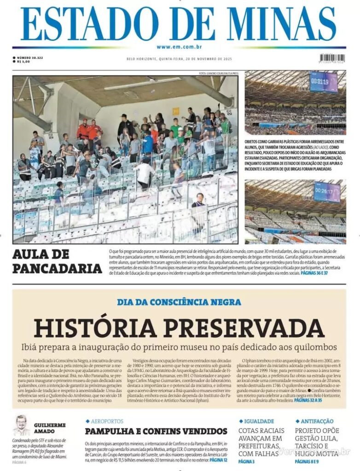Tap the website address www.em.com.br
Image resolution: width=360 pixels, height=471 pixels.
(x=180, y=47)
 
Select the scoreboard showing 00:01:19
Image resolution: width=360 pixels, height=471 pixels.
(x=323, y=82)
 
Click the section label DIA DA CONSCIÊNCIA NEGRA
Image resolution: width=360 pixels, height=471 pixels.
(x=179, y=302)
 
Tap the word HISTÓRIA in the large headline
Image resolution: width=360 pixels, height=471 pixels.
(x=98, y=328)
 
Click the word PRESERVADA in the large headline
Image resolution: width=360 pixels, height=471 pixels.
(x=244, y=328)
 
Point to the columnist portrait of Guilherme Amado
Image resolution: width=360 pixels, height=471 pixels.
(x=21, y=425)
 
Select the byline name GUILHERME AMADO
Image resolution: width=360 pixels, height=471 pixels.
(x=50, y=428)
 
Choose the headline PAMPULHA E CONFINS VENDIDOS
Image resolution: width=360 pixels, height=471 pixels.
(x=156, y=431)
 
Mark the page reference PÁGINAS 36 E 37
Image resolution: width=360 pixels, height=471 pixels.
(x=314, y=273)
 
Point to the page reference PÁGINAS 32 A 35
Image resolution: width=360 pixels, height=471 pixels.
(x=308, y=401)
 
